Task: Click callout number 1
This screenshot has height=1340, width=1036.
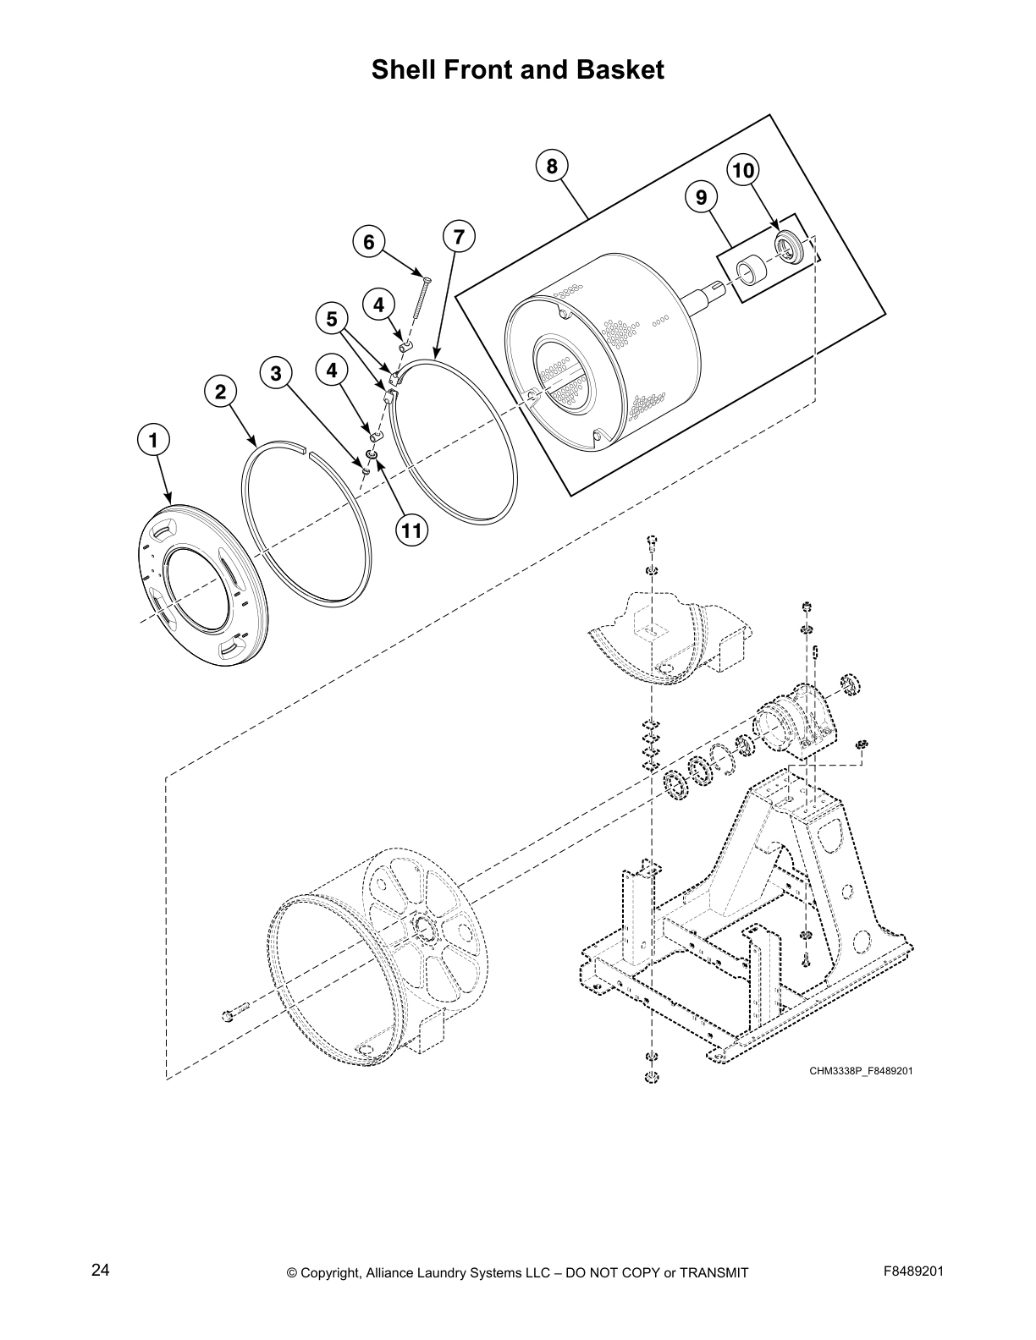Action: [153, 440]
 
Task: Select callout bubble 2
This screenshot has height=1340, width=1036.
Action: [220, 392]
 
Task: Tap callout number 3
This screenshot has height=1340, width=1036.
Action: [276, 373]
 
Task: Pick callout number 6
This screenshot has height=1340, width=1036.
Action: [368, 243]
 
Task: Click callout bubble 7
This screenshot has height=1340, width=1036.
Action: [459, 237]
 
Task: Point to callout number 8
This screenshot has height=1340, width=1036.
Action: [552, 166]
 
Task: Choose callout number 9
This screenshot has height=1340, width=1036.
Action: [701, 198]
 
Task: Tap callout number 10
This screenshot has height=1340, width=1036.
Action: [742, 171]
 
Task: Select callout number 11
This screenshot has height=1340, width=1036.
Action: [411, 530]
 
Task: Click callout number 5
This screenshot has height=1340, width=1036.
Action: [332, 319]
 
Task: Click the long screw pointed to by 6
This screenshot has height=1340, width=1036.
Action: [421, 297]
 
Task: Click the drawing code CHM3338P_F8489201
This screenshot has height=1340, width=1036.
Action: [861, 1071]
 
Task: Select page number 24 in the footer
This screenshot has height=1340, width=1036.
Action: [101, 1271]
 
